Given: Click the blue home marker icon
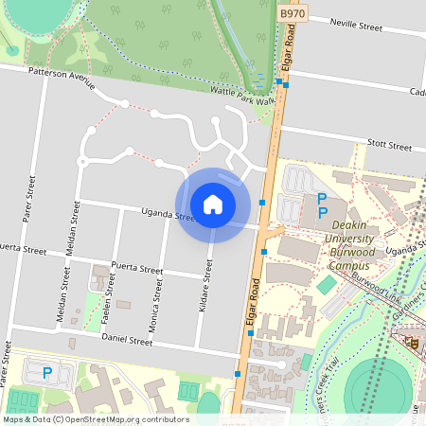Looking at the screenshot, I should point(213,204).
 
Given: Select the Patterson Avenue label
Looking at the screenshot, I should point(62,77).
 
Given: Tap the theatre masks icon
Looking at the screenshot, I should point(411,343).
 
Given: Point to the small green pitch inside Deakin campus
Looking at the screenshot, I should point(327,284).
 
